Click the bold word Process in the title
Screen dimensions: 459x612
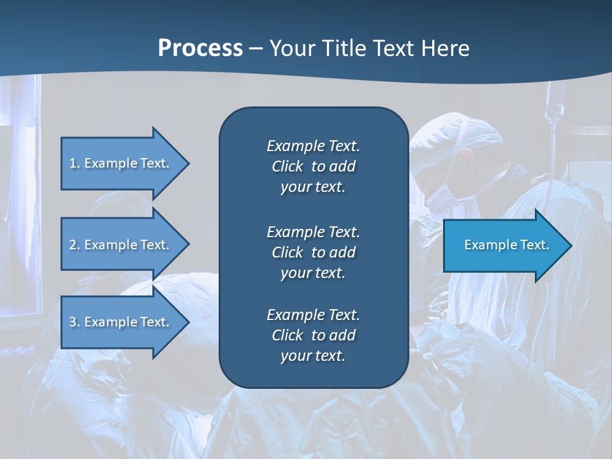200,48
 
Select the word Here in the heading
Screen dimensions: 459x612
445,48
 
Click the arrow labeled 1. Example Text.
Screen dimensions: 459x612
121,163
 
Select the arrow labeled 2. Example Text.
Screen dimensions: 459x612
121,245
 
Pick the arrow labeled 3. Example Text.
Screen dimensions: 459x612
121,322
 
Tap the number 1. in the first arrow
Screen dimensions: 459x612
75,163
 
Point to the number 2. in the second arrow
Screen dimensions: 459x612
75,245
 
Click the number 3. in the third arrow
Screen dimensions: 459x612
75,322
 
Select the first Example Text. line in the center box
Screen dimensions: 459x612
313,146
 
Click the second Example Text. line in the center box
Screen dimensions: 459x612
313,232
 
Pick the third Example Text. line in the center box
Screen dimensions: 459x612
313,315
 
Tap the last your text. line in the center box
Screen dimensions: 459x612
313,356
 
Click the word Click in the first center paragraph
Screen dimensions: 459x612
288,166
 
